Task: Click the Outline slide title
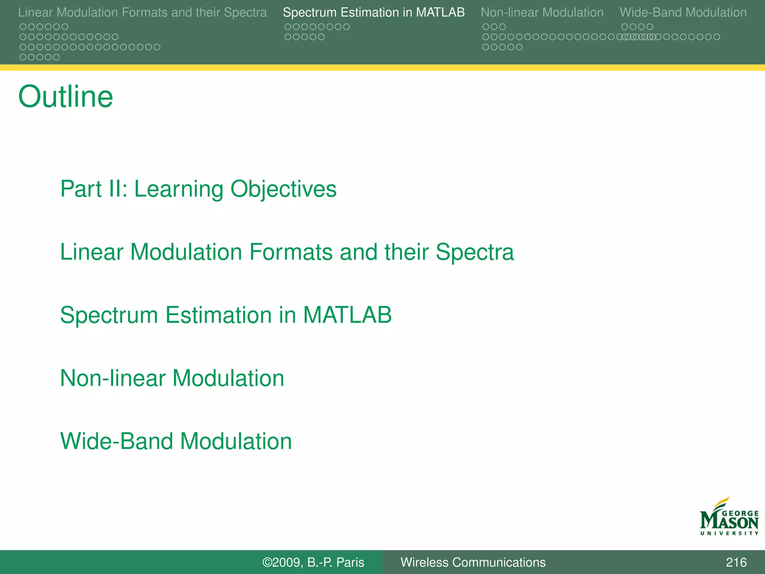[65, 97]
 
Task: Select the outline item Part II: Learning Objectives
[198, 189]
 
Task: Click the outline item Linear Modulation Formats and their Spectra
[287, 252]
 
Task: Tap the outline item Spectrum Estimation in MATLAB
[226, 315]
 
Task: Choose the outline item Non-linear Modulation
[172, 378]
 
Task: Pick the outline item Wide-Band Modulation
[176, 441]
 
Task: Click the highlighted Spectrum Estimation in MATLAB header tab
[374, 13]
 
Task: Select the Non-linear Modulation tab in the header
[542, 13]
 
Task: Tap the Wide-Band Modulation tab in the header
[683, 13]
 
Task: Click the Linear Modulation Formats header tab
[142, 13]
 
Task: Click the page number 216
[736, 562]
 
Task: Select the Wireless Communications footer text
[473, 562]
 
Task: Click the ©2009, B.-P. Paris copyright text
[313, 562]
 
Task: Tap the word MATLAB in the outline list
[347, 315]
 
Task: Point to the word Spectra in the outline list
[474, 252]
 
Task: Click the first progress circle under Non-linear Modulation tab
[486, 27]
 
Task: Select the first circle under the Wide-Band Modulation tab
[625, 27]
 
